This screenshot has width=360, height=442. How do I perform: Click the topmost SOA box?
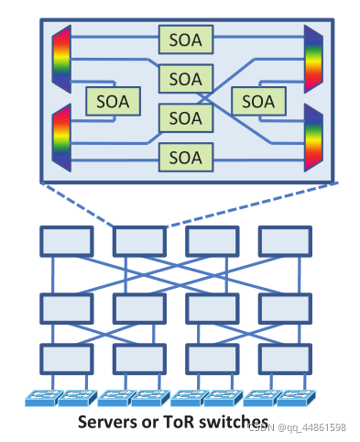tap(186, 39)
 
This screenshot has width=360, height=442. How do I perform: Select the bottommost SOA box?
tap(186, 158)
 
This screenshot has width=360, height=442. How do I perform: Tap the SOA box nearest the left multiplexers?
tap(113, 102)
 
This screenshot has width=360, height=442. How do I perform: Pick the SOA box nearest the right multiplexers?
tap(258, 102)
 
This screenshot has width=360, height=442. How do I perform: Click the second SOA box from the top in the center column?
tap(186, 79)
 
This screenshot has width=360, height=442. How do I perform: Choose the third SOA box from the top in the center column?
tap(186, 118)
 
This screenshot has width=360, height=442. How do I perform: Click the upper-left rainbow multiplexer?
tap(61, 59)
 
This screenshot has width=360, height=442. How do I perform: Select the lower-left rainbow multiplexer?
tap(61, 138)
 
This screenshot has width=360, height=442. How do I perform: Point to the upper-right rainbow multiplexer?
tap(313, 59)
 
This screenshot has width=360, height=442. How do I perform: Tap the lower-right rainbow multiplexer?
tap(313, 138)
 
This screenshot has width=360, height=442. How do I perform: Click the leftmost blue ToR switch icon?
tap(43, 398)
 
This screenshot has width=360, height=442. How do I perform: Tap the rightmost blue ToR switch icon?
tap(296, 398)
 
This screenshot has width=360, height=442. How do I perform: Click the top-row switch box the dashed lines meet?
tap(139, 241)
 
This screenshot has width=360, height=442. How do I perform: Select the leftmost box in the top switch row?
tap(67, 241)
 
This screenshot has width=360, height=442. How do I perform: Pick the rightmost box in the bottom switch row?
tap(285, 359)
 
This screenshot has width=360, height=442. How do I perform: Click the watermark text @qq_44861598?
tap(311, 427)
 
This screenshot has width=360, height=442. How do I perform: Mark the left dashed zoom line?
tap(78, 204)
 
